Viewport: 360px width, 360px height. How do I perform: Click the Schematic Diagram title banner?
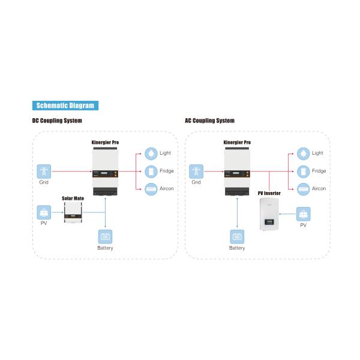[x=65, y=106]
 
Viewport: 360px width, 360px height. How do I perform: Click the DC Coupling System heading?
[x=57, y=121]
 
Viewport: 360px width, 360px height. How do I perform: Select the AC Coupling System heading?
[x=209, y=121]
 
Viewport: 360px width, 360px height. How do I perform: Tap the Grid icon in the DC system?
[x=44, y=170]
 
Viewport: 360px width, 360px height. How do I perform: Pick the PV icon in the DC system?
[x=43, y=212]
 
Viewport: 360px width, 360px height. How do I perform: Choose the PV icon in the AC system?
[x=303, y=213]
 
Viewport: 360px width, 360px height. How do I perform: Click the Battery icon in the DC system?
[x=105, y=236]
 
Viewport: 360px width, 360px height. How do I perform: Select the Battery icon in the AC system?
[x=237, y=236]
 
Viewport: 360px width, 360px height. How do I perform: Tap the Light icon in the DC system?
[x=151, y=153]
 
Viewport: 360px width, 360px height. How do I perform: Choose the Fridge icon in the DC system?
[x=151, y=171]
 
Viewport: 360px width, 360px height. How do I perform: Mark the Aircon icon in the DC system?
[x=151, y=188]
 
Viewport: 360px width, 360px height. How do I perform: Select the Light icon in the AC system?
[x=304, y=153]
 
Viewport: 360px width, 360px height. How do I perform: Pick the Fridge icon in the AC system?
[x=304, y=171]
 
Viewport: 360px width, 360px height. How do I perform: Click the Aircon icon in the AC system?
[x=304, y=188]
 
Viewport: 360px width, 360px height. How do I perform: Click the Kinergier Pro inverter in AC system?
[x=237, y=172]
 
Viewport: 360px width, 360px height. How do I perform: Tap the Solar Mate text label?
[x=74, y=197]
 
